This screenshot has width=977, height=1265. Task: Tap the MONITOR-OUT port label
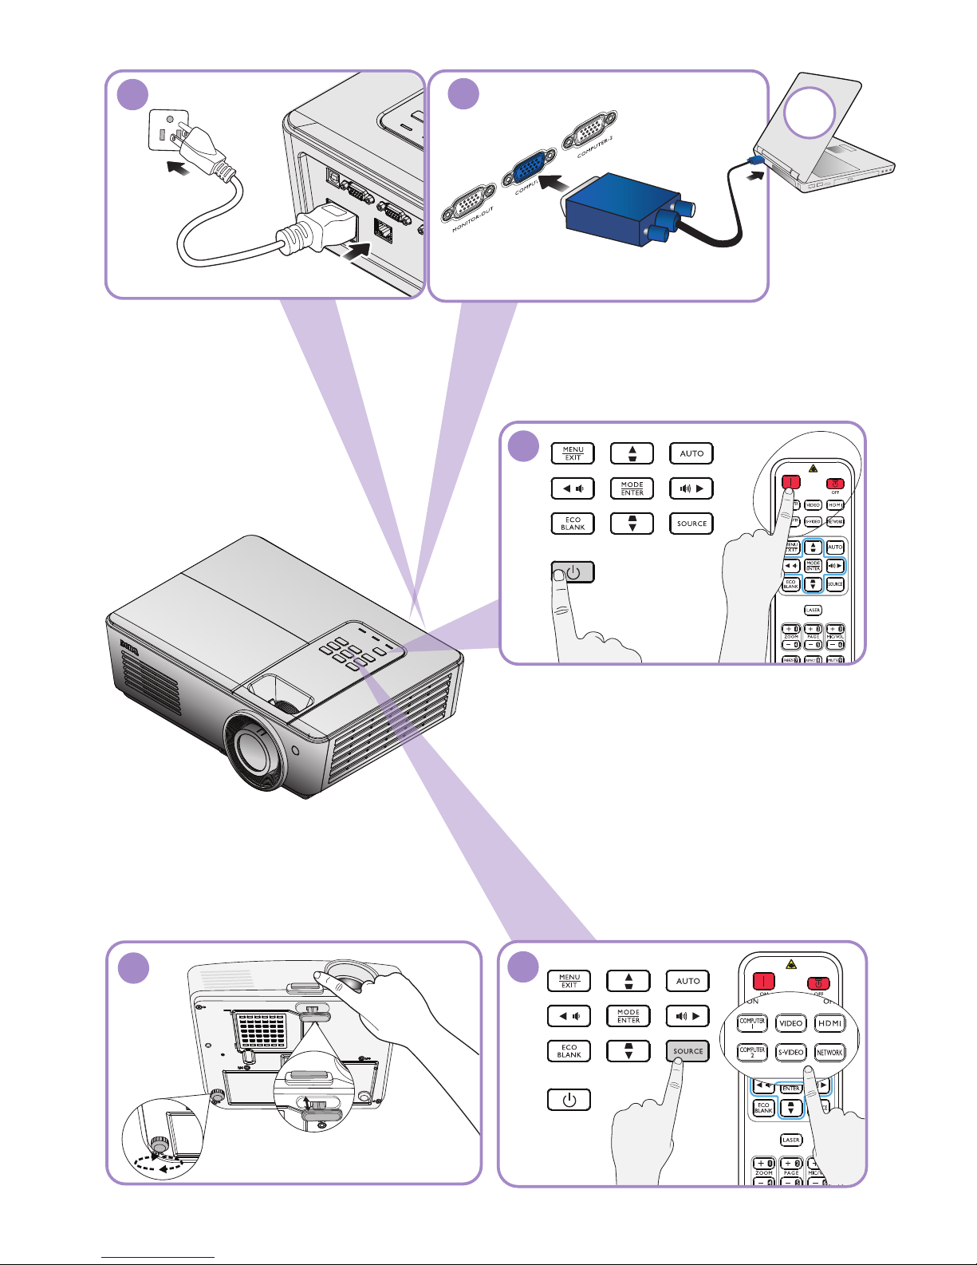473,219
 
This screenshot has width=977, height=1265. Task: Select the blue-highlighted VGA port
527,168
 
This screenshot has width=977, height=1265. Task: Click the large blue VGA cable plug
619,208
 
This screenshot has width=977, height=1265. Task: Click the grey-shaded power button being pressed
573,572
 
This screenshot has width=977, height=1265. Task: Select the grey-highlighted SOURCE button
687,1051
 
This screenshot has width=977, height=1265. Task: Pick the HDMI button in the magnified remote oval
829,1023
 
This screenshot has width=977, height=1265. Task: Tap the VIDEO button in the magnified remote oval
790,1023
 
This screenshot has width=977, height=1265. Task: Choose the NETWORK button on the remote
829,1053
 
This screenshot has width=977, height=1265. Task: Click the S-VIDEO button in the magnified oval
790,1053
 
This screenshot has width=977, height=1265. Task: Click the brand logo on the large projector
128,646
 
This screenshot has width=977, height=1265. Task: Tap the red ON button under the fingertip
790,483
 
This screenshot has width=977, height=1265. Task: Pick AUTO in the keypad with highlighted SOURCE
687,981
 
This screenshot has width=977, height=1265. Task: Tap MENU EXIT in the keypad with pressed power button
573,453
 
